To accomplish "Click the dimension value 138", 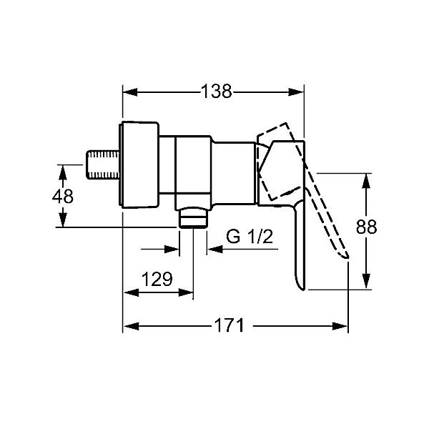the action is point(217,91).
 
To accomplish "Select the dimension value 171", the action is point(229,325).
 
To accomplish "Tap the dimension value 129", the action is point(157,279).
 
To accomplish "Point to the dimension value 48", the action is point(63,196).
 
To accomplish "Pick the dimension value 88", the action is point(366,227).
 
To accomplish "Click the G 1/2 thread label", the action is point(250,237).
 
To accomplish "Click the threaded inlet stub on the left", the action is point(103,164).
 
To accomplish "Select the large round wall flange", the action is point(139,165).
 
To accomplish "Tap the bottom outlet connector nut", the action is point(193,217).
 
